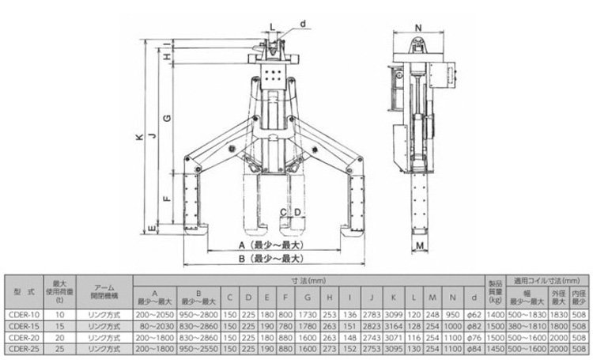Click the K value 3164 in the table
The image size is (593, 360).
click(395, 325)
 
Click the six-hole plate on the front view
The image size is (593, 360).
click(273, 78)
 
